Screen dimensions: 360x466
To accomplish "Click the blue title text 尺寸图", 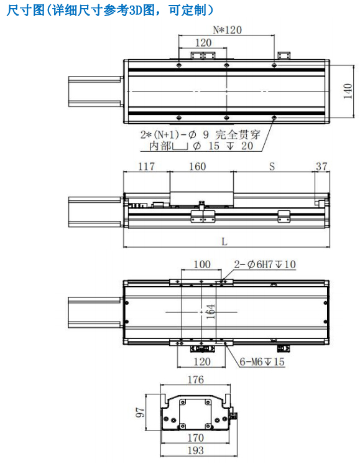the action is [x=25, y=11].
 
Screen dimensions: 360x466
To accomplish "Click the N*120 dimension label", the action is [x=227, y=30].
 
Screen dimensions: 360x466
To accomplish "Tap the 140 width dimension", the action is [x=348, y=91].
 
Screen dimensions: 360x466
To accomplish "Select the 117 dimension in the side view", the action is [x=147, y=167].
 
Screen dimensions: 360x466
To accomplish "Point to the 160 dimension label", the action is [x=198, y=167].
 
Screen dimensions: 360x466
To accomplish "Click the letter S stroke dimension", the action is [x=272, y=167].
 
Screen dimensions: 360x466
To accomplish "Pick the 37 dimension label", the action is [x=321, y=167].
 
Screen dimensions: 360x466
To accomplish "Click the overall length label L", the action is [x=224, y=241].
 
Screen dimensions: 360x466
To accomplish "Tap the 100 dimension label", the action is [x=202, y=264].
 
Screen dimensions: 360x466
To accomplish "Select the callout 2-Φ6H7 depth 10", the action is [x=265, y=264].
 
